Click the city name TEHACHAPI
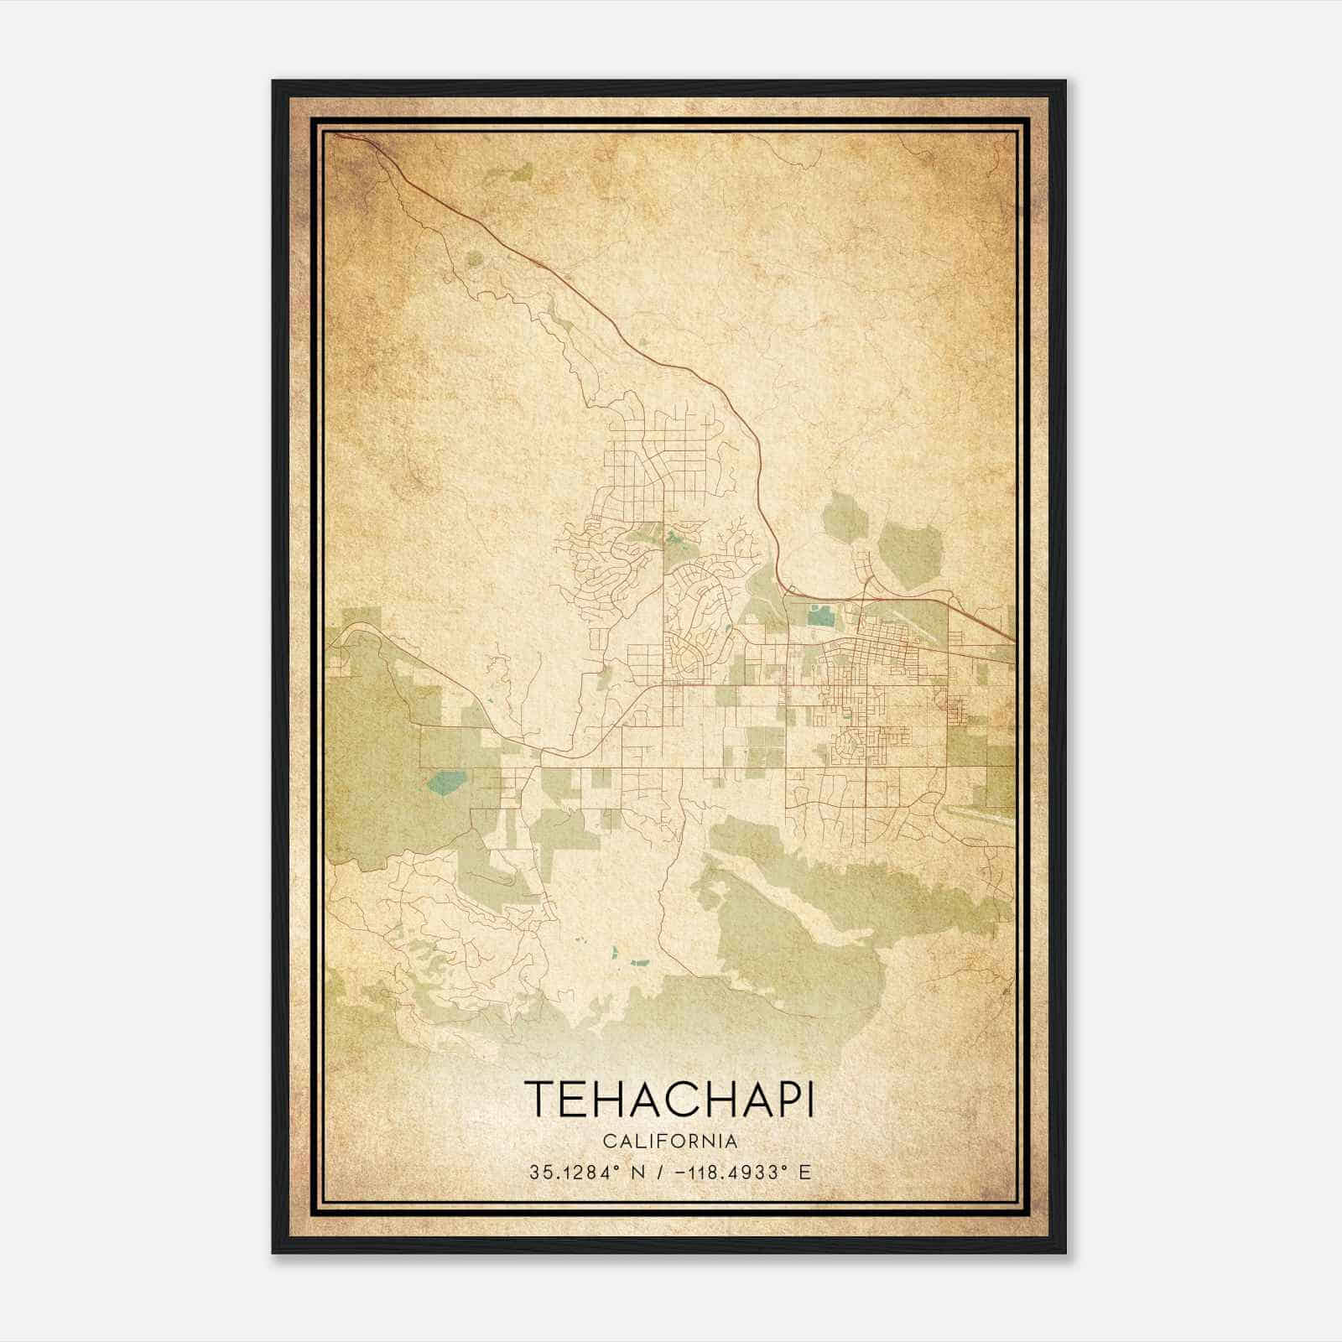[x=668, y=1099]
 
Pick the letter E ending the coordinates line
[x=804, y=1172]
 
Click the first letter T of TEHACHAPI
[x=538, y=1099]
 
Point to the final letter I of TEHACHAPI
[x=809, y=1099]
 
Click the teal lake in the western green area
[x=444, y=783]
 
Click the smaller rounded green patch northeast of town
[x=844, y=514]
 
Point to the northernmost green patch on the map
[x=519, y=172]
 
